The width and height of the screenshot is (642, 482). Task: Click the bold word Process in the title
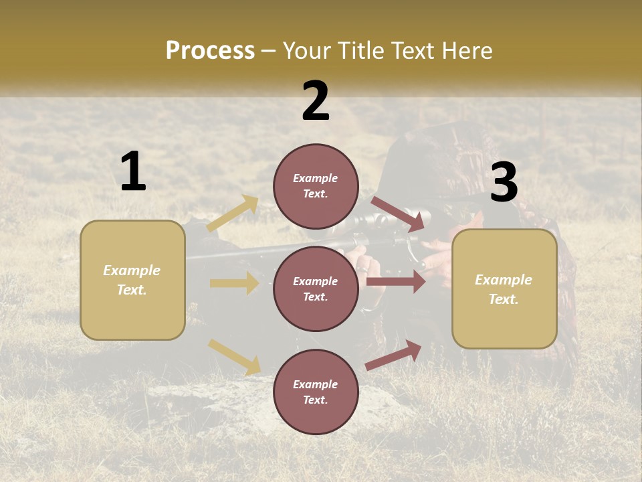click(210, 50)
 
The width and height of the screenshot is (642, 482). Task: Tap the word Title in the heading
click(360, 50)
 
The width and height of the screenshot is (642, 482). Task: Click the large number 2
click(316, 101)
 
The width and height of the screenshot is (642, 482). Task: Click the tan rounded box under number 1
click(132, 280)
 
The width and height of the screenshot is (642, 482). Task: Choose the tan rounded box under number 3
click(504, 289)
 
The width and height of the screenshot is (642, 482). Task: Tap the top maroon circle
click(316, 186)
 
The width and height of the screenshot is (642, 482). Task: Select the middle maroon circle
click(316, 289)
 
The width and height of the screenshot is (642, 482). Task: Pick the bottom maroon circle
click(316, 392)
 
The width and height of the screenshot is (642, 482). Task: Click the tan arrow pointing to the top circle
click(233, 214)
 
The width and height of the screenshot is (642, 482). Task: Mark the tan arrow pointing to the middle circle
click(234, 283)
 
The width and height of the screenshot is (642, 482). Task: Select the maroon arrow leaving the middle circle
click(396, 282)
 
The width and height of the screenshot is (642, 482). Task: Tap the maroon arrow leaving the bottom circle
click(394, 355)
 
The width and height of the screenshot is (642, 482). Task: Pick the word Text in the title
click(415, 50)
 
